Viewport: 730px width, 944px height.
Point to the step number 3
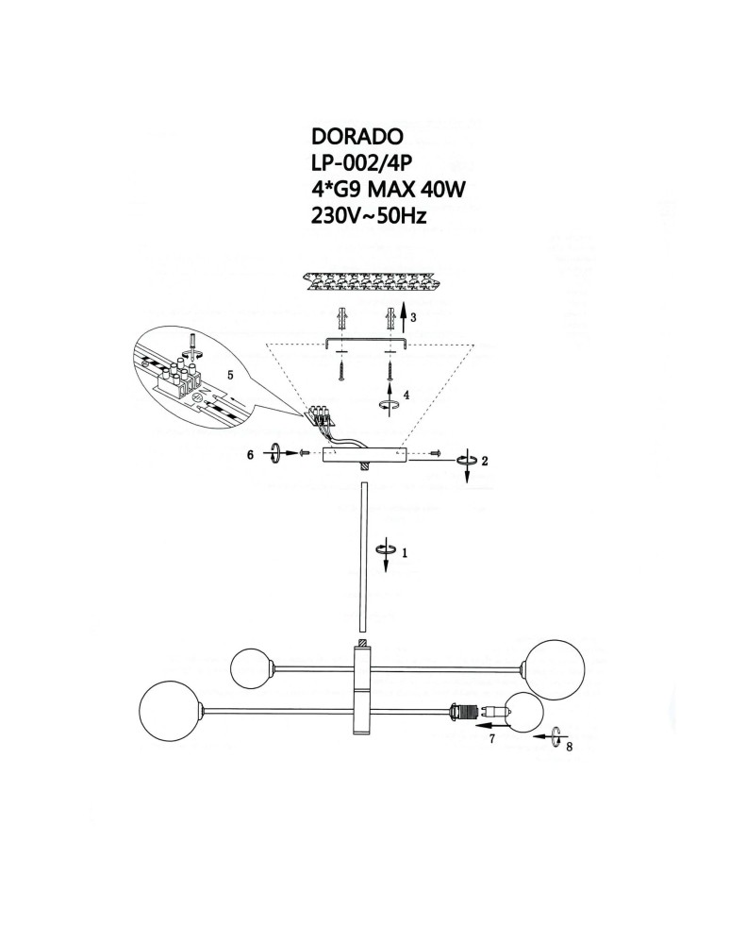pyautogui.click(x=413, y=318)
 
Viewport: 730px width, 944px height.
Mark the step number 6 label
pyautogui.click(x=250, y=454)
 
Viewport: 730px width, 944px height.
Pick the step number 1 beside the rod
pyautogui.click(x=404, y=554)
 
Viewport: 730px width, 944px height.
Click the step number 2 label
pyautogui.click(x=484, y=462)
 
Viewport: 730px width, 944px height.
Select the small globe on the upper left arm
pyautogui.click(x=252, y=666)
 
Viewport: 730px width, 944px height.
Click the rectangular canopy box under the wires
pyautogui.click(x=363, y=455)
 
